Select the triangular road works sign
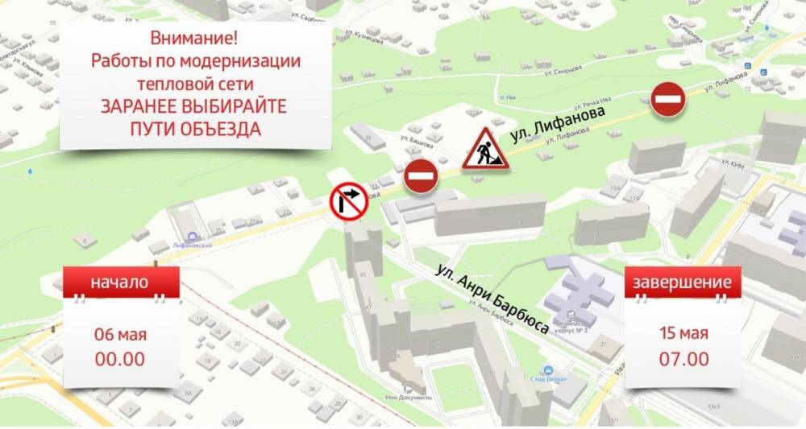(485, 150)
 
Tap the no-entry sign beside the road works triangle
(421, 175)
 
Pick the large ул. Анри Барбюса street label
(492, 300)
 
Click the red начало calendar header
(120, 283)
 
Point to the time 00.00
(120, 359)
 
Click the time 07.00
(683, 359)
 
